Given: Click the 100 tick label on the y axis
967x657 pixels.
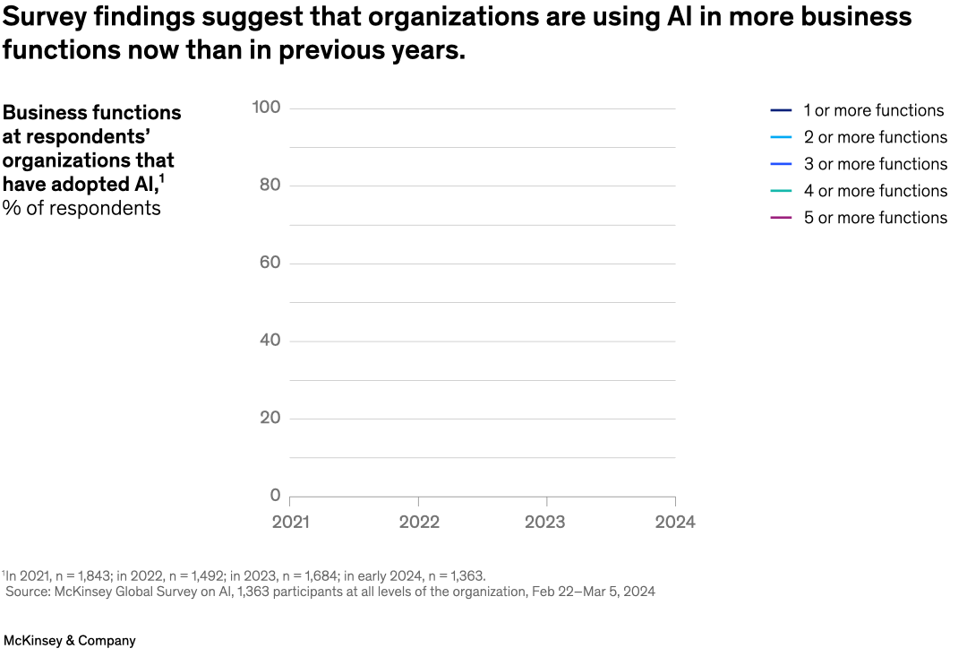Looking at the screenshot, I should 266,108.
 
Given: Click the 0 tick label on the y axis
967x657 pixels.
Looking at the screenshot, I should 275,496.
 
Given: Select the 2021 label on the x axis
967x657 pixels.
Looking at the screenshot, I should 290,523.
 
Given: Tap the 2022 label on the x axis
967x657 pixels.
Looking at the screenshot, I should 418,523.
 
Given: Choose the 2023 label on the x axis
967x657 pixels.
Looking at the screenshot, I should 545,523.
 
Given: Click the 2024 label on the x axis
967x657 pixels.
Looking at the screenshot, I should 674,523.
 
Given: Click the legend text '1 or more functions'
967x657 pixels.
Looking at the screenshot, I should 873,110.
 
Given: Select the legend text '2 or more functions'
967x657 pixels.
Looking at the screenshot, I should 875,137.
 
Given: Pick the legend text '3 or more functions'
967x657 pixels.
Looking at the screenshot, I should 875,164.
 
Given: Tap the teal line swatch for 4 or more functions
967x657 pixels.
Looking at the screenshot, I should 781,191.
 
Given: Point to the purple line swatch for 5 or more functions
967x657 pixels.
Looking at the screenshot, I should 781,218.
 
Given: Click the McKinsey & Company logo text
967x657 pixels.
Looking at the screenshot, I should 70,641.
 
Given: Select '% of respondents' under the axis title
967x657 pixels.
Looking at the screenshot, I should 81,209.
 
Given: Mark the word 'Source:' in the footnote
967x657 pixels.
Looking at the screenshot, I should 29,592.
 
